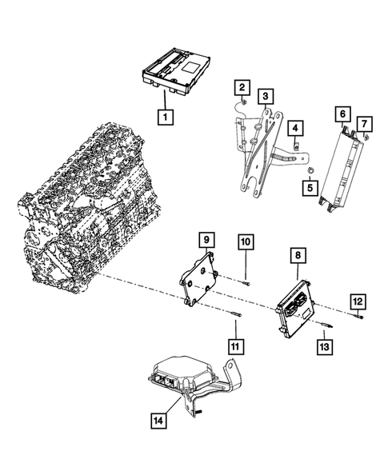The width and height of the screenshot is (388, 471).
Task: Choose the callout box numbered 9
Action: point(205,239)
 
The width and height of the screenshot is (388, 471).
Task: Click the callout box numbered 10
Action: point(246,241)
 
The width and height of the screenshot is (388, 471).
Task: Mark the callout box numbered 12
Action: point(358,301)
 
